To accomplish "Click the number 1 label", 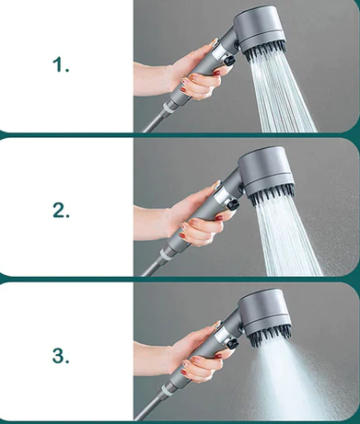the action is click(61, 65).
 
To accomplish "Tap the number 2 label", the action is click(61, 211).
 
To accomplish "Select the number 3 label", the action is click(61, 356).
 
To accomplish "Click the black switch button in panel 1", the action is click(230, 60).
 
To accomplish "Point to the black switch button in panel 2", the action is click(233, 204).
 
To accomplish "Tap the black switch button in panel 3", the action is click(233, 344).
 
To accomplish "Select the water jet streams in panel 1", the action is click(281, 95).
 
